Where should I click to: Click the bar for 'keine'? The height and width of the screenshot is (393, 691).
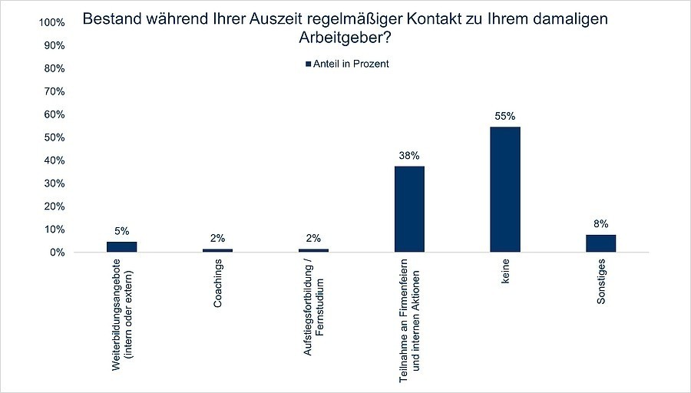pos(505,190)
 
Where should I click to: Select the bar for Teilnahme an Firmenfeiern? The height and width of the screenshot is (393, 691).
pos(409,209)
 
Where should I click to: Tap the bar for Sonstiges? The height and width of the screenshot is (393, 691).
pos(600,243)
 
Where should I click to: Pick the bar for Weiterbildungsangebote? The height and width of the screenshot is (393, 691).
pos(121,246)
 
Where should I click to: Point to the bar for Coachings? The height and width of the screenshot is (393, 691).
pos(217,250)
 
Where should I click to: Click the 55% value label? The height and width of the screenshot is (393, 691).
pos(505,117)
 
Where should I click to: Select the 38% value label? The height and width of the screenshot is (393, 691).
pos(409,156)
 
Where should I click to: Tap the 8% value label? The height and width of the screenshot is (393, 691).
pos(600,224)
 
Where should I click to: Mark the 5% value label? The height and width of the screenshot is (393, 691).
pos(121,231)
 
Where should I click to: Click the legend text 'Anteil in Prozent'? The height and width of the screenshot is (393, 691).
pos(351,64)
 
